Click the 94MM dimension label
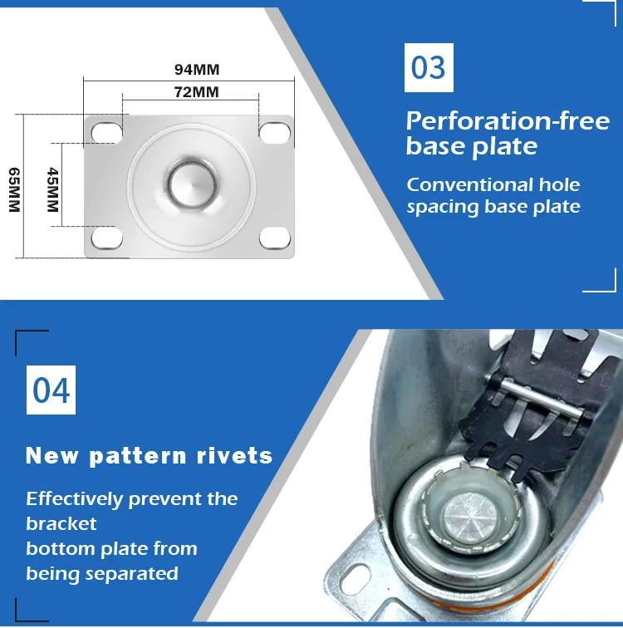pos(197,70)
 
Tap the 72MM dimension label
pos(196,92)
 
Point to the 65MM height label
pos(14,190)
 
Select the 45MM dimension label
pos(53,190)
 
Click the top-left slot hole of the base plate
pos(106,132)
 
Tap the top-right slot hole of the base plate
pos(275,132)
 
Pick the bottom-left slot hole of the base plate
pos(106,238)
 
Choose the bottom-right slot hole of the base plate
pos(275,238)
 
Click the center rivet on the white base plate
pos(191,184)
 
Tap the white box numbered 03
pos(429,67)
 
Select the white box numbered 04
pos(51,390)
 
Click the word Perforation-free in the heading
pos(508,121)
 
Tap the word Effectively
pos(75,499)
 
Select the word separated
pos(132,574)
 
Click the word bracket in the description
pos(61,524)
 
